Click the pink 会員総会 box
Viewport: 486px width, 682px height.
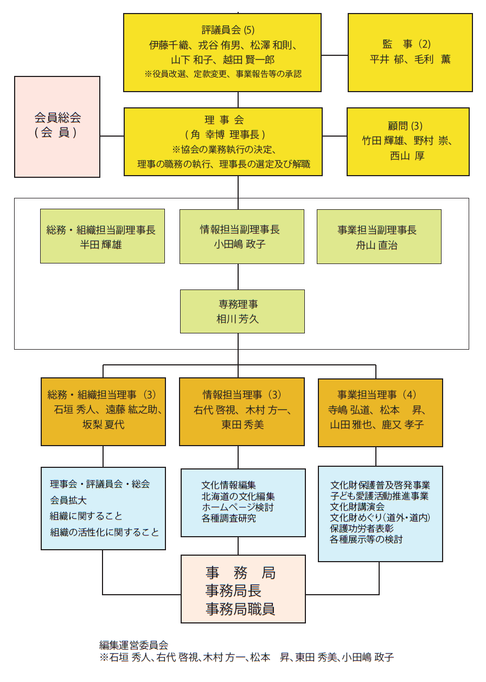57,126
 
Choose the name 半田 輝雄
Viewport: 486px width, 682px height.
101,245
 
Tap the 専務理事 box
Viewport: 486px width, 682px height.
242,311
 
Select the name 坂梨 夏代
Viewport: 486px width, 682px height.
103,424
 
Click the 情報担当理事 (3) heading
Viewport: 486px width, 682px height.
242,394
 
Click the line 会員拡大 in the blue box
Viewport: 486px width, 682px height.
68,500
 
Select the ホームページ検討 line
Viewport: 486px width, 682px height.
238,507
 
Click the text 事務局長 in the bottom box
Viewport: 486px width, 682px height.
233,590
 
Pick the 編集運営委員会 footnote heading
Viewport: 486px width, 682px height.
133,645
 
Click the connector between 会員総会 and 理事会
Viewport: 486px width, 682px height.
112,136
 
